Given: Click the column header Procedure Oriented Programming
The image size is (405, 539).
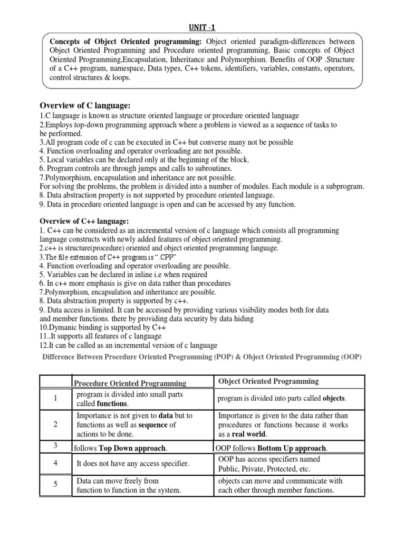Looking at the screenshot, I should click(130, 383).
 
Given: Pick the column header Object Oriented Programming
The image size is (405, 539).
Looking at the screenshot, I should click(268, 381).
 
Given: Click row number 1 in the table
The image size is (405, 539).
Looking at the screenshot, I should click(55, 399).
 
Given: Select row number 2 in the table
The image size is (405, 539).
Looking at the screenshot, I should click(55, 425).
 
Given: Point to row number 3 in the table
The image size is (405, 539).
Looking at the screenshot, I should click(55, 446).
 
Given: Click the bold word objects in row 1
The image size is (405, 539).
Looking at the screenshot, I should click(335, 399).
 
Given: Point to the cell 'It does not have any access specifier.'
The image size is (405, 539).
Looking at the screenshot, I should click(133, 463).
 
